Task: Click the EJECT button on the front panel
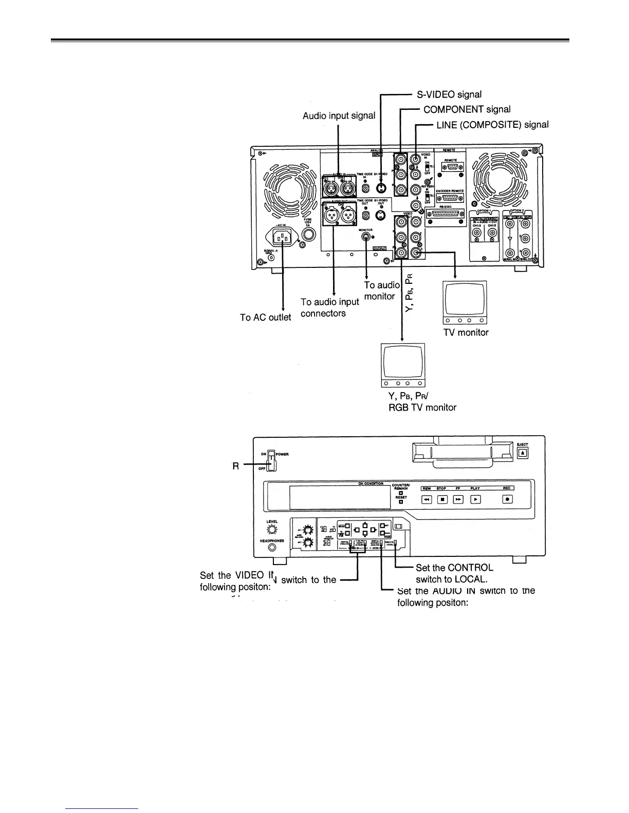click(x=522, y=453)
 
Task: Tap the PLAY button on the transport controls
click(x=475, y=498)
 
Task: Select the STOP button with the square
click(x=442, y=498)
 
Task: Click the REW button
click(x=426, y=498)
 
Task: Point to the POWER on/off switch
click(x=272, y=459)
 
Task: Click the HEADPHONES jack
click(x=272, y=548)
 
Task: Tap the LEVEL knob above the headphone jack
click(x=272, y=530)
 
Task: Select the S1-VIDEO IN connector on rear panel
click(x=380, y=187)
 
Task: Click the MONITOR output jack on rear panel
click(x=366, y=237)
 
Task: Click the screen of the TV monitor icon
click(x=465, y=299)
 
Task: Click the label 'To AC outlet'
click(x=265, y=317)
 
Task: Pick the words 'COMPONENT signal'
click(x=467, y=109)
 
